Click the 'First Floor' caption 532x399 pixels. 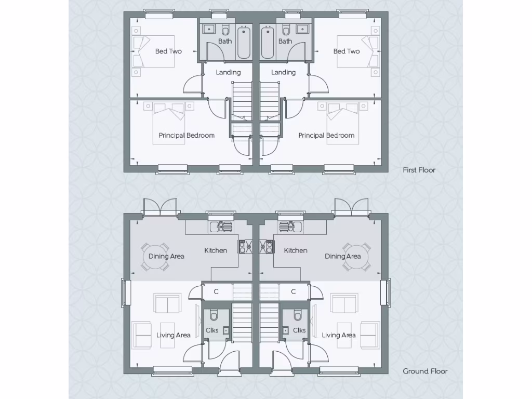pos(419,170)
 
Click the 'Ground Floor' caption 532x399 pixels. pos(425,371)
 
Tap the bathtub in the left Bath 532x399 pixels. pos(244,42)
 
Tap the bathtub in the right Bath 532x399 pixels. pos(268,42)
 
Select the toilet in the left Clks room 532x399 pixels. pos(214,315)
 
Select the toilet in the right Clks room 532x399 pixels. pos(298,315)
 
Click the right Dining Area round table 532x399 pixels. pos(356,256)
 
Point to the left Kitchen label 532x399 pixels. pos(216,250)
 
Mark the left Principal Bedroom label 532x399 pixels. pos(187,136)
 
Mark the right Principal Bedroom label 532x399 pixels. pos(326,136)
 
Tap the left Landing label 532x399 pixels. pos(228,72)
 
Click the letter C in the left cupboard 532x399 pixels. pos(217,291)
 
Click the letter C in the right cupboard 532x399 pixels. pos(294,291)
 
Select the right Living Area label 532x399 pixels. pos(339,335)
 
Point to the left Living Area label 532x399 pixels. pos(173,335)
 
